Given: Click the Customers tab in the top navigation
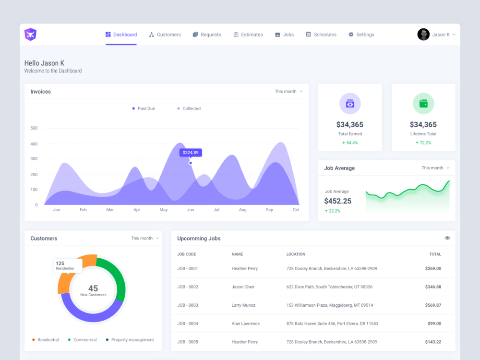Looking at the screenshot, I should [165, 35].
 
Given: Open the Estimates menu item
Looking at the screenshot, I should [248, 35].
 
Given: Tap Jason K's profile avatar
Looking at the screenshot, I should [423, 35].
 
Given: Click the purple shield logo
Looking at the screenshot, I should [31, 35].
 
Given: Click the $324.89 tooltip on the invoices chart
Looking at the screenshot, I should [191, 153].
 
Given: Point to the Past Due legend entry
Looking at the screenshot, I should [143, 108].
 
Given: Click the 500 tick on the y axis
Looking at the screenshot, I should [34, 128].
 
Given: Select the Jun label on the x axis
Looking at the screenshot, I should [191, 210].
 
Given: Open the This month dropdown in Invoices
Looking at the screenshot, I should [288, 91].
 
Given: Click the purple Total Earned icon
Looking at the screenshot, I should [350, 104].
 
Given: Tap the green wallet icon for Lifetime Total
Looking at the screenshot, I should [423, 104].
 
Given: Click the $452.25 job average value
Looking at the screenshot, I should [337, 201].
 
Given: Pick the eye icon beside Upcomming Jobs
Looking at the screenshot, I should [447, 238].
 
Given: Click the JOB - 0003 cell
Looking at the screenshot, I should [187, 305].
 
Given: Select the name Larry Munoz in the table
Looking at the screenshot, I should [243, 305].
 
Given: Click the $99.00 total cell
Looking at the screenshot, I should [434, 324].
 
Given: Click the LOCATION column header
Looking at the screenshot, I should [296, 254].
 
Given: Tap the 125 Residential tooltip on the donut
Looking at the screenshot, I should [68, 265].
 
